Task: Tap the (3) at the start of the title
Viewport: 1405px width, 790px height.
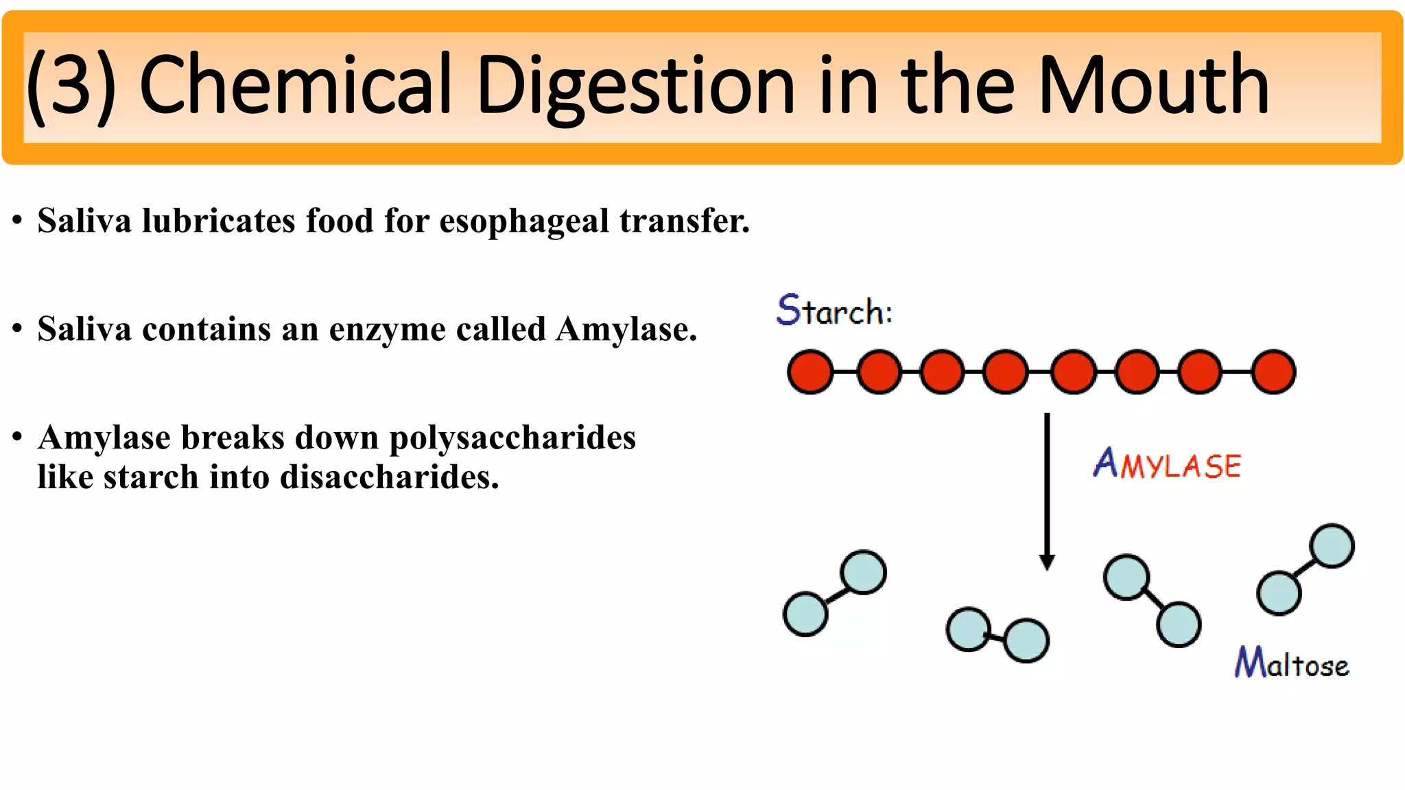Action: coord(71,86)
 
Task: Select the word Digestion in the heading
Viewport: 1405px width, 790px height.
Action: coord(635,86)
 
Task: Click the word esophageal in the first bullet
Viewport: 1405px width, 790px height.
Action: coord(524,221)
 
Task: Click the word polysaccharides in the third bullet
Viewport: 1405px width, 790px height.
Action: coord(512,438)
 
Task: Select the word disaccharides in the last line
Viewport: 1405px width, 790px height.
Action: coord(389,477)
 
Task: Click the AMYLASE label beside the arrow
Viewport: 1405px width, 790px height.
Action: coord(1167,464)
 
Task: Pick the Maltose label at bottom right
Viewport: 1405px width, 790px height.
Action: coord(1292,663)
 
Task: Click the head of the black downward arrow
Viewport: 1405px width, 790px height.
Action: coord(1047,562)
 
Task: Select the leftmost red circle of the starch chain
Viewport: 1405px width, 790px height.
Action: coord(810,372)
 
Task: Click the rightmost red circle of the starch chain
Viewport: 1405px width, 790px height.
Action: coord(1273,372)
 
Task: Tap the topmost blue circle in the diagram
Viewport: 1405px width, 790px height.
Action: coord(1332,546)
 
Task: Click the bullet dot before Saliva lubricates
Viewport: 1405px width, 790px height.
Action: coord(17,221)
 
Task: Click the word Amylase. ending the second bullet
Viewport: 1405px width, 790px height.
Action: coord(626,330)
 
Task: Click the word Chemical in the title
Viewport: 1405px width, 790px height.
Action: coord(295,85)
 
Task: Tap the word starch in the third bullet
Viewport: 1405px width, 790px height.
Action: coord(151,477)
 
